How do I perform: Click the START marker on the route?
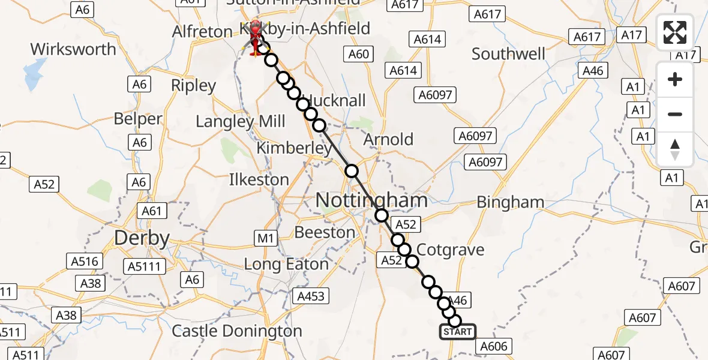(x=458, y=332)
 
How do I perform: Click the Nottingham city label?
(x=372, y=200)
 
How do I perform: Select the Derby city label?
(x=142, y=238)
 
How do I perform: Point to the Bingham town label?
(x=511, y=203)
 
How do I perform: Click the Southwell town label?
(x=508, y=54)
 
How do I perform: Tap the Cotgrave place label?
(x=450, y=250)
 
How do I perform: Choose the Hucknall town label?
(x=335, y=100)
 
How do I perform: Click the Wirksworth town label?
(x=73, y=49)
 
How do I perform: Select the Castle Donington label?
(x=237, y=331)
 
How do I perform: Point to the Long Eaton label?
(x=286, y=264)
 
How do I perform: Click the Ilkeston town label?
(x=259, y=179)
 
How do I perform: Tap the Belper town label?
(x=138, y=119)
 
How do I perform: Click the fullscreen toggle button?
(x=675, y=32)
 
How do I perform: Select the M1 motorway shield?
(x=265, y=239)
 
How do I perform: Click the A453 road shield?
(x=310, y=295)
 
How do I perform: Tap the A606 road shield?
(x=494, y=346)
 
